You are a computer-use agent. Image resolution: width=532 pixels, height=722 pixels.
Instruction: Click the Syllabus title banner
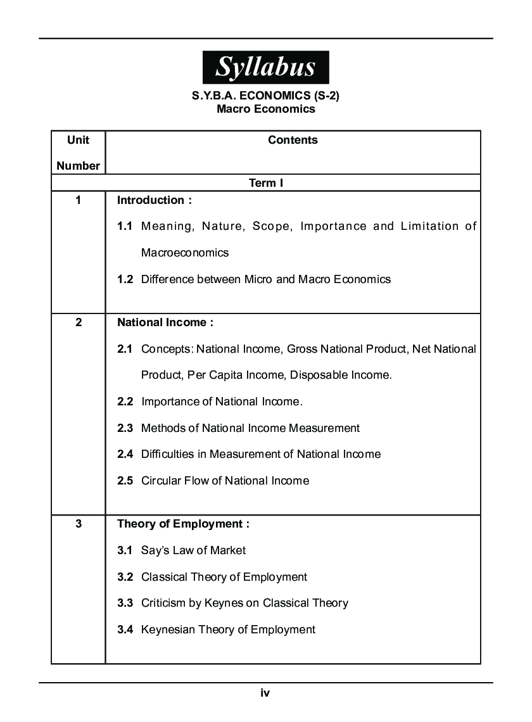265,67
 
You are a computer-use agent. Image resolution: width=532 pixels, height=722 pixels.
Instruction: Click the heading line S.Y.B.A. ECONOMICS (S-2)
265,97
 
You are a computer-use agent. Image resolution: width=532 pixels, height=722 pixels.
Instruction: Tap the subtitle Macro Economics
265,109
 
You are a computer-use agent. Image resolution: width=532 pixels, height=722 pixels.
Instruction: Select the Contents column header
293,140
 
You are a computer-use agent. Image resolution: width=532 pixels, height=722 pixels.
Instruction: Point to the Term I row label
265,183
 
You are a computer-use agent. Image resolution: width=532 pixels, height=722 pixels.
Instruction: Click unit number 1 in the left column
78,201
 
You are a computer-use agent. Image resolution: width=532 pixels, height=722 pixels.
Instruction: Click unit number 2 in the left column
78,322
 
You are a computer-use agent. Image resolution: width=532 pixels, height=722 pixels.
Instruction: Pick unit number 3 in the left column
78,524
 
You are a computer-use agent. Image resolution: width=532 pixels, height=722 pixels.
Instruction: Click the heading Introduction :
155,201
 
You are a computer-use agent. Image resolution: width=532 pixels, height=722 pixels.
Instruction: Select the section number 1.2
125,279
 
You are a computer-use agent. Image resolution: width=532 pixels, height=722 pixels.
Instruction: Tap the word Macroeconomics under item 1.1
184,253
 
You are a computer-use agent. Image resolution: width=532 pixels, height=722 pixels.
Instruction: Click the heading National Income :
165,322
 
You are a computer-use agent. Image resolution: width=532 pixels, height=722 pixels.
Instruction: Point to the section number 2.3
125,428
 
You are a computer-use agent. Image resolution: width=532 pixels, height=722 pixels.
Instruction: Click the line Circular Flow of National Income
225,481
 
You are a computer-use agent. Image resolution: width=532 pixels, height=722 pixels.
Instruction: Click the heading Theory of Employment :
184,524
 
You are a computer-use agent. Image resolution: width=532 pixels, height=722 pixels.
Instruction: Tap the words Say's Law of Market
193,550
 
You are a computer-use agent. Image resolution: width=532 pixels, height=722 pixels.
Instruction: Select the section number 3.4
125,630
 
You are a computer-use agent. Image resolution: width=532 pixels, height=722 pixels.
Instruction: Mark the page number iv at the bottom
265,693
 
